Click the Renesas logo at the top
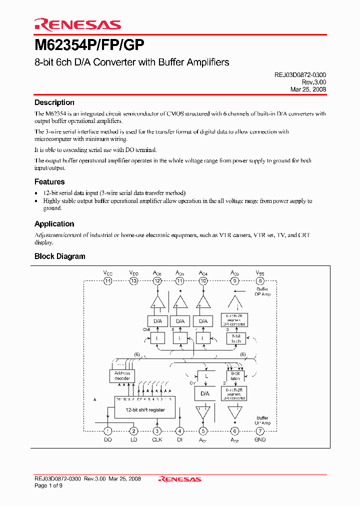(x=77, y=24)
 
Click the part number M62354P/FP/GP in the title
(x=89, y=46)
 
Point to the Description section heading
(x=54, y=102)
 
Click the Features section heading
(x=49, y=182)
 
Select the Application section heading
(x=54, y=224)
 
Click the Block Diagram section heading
(x=59, y=256)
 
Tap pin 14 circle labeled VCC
(x=107, y=281)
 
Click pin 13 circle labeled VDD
(x=133, y=281)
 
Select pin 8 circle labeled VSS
(x=260, y=281)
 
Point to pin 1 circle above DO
(x=107, y=431)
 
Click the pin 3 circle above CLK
(x=157, y=431)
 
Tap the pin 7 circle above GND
(x=260, y=431)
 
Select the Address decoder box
(x=122, y=375)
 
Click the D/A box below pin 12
(x=157, y=321)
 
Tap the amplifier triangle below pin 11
(x=180, y=302)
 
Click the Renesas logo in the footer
(x=179, y=479)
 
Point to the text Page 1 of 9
(x=48, y=485)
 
